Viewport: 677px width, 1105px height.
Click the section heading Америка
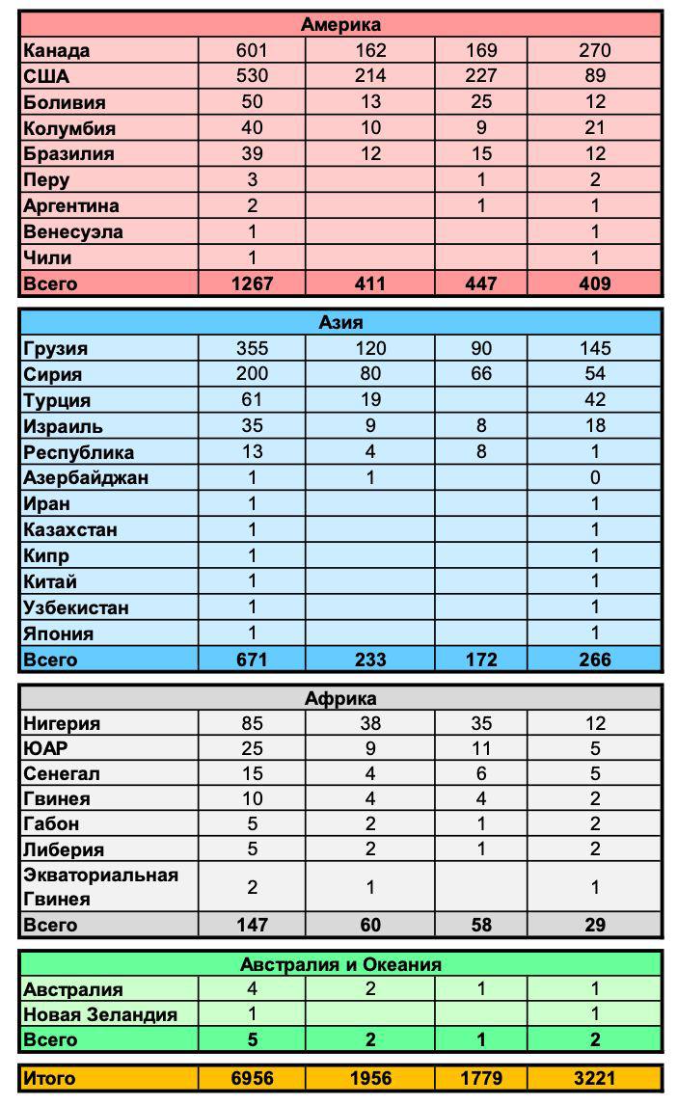click(x=340, y=25)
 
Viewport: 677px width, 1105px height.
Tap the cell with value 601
click(x=252, y=51)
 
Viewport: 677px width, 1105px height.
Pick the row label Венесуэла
click(x=72, y=232)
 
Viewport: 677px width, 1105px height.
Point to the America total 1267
click(x=252, y=283)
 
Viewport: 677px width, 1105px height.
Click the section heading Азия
click(x=340, y=323)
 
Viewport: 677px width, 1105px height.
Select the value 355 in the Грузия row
click(x=252, y=349)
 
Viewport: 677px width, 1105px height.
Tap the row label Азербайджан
click(x=86, y=478)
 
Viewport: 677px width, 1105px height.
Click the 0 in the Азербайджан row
click(x=595, y=478)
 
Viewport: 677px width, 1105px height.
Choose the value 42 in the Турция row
click(x=595, y=401)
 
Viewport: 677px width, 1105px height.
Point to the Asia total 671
click(x=252, y=660)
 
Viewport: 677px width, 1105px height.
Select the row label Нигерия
click(x=62, y=724)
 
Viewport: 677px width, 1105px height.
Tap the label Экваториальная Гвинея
click(x=100, y=887)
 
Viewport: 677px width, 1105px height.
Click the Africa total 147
click(x=252, y=926)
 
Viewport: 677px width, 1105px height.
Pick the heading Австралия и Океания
click(x=340, y=964)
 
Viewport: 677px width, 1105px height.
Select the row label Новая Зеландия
click(x=100, y=1015)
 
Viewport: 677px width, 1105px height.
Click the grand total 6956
click(x=252, y=1079)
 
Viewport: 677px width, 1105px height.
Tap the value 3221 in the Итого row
click(x=595, y=1079)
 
